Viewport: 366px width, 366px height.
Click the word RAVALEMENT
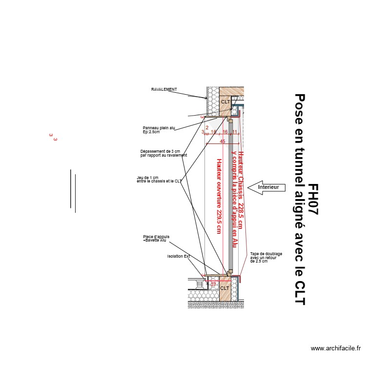point(164,90)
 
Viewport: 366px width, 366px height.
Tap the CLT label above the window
point(225,102)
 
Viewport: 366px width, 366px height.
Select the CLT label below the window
point(224,288)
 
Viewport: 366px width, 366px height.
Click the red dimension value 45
point(223,142)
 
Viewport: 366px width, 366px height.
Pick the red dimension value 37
point(213,284)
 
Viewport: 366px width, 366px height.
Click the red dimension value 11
point(234,132)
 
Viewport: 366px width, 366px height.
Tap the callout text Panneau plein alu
point(159,128)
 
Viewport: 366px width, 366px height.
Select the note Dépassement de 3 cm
point(160,152)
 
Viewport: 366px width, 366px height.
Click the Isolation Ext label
point(179,256)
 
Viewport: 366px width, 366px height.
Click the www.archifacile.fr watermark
point(336,348)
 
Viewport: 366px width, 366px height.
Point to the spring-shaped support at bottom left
point(199,283)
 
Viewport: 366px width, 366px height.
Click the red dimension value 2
point(207,128)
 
